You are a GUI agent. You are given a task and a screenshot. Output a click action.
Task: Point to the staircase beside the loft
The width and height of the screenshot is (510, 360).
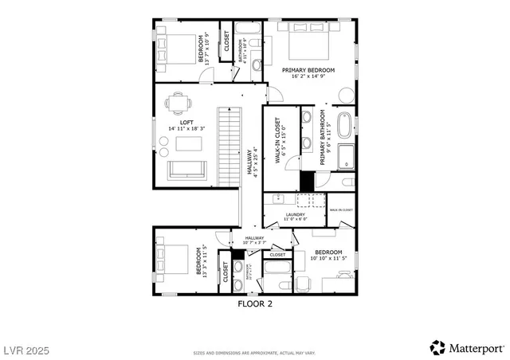click(229, 148)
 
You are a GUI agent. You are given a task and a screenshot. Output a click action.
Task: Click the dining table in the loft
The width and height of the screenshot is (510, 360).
click(178, 103)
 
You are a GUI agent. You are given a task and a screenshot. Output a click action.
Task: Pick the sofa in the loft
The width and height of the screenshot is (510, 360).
click(186, 170)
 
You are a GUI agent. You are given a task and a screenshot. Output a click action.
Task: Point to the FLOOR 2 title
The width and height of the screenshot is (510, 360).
click(255, 303)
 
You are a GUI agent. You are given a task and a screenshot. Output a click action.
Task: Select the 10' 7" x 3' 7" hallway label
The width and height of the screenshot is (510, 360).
click(254, 241)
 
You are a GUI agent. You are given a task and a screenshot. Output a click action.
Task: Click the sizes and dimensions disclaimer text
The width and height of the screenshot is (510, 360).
click(254, 352)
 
